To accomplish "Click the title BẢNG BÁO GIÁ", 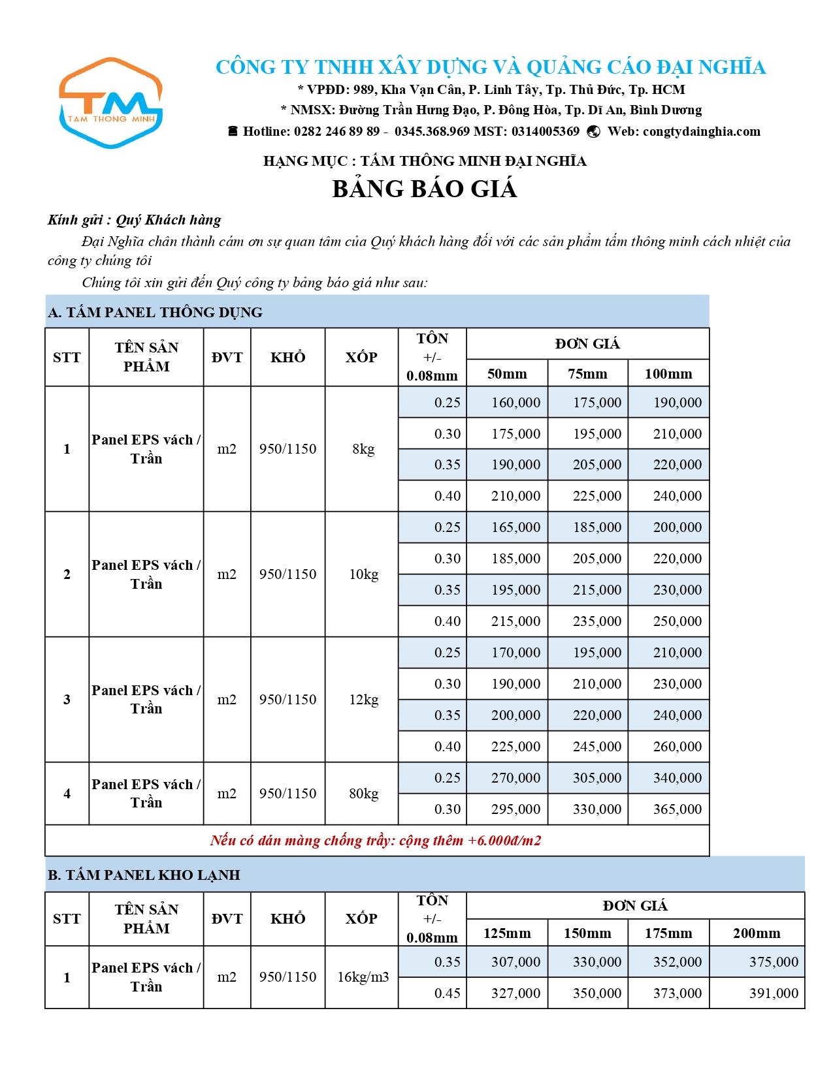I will [425, 189].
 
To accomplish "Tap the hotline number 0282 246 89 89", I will [336, 131].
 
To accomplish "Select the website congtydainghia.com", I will [702, 131].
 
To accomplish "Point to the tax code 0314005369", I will [546, 131].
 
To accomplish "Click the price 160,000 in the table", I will [515, 403].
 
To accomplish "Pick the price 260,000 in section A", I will [677, 747].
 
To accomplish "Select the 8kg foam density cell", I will [363, 449].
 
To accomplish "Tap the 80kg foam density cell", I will [363, 794].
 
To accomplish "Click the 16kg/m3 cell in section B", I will [363, 977].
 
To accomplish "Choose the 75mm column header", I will [587, 374].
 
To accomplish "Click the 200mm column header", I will [757, 933].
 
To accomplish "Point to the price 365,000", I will [677, 809].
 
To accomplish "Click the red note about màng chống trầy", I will [376, 841].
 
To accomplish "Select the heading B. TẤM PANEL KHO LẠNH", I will [144, 875].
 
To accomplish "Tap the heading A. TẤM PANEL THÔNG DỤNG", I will [155, 312].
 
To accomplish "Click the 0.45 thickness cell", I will [447, 993].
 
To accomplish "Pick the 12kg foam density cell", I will [363, 700].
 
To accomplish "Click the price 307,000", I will [515, 962].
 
